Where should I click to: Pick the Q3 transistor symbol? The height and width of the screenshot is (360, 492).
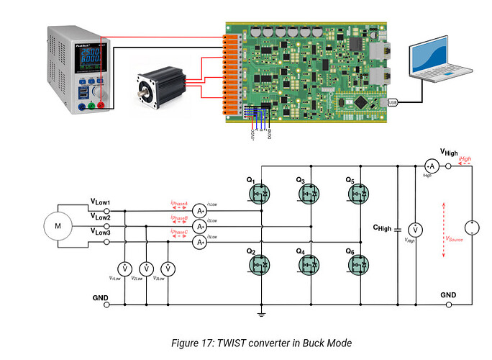309,193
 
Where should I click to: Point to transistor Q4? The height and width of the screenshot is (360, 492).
309,265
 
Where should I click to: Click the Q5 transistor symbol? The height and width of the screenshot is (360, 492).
359,193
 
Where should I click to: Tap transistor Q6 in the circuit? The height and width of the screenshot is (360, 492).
359,265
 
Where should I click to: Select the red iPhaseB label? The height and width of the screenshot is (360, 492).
179,217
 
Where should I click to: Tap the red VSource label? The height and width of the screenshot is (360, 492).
455,237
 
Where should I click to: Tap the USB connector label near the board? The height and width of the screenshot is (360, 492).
393,102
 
